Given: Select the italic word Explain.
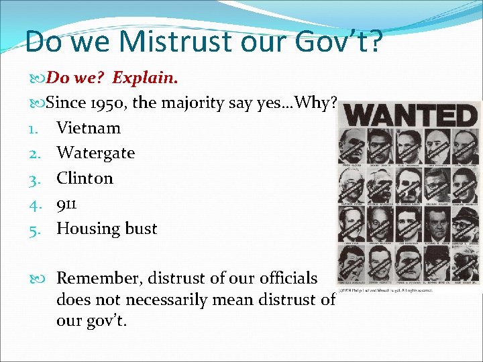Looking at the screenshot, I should (x=145, y=78).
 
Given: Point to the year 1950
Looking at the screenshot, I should (x=113, y=103).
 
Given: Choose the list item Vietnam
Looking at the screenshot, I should (x=89, y=128).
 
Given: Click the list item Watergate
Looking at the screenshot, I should (x=95, y=153).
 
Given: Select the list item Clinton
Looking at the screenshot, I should (x=85, y=178).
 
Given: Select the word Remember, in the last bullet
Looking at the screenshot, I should (x=99, y=278).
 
